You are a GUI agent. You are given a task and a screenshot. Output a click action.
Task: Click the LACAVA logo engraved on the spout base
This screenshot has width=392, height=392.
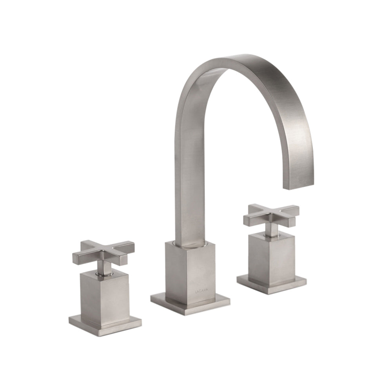(202, 291)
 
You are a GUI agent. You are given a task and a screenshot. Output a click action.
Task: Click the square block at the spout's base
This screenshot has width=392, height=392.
(190, 272)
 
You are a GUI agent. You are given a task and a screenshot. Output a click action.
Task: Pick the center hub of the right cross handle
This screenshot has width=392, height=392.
(270, 214)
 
